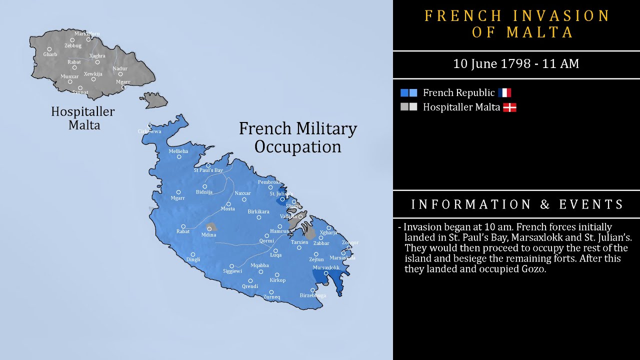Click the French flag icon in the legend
coord(504,92)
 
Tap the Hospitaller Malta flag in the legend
coord(509,107)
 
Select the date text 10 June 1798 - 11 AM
coord(516,64)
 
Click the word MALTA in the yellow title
coord(540,32)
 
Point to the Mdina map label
coord(208,235)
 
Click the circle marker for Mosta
coord(228,204)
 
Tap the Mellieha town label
coord(178,151)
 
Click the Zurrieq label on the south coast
coord(271,297)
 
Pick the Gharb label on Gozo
coord(50,54)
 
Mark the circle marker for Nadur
coord(120,74)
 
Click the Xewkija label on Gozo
coord(93,73)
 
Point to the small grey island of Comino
coord(155,99)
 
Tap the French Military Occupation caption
coord(298,137)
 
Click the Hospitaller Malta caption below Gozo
coord(83,118)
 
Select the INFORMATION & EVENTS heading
coord(517,204)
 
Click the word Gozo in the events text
coord(533,269)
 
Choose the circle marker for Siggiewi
coord(231,266)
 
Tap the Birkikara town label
coord(258,211)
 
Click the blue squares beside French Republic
coord(408,92)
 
